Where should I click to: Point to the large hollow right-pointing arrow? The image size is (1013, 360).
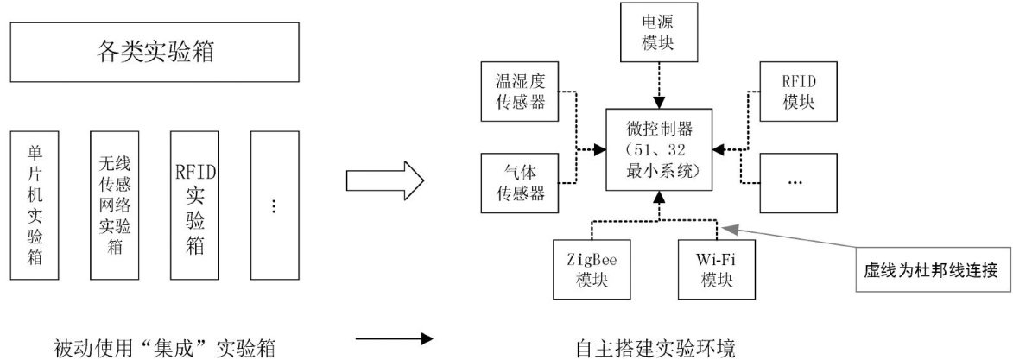tap(383, 181)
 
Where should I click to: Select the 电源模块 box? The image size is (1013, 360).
tap(659, 32)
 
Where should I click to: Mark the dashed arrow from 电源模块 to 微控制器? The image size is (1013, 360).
tap(659, 85)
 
